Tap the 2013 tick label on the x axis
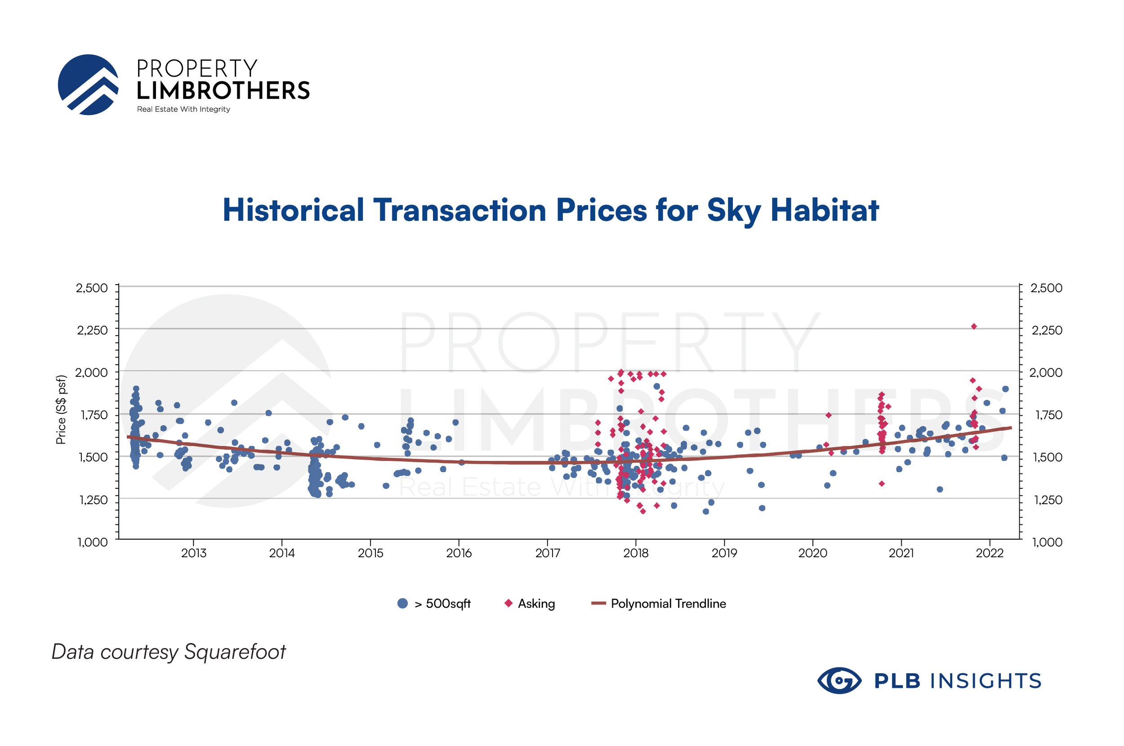194,553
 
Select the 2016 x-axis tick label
459,553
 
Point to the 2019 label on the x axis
724,553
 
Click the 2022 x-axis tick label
990,553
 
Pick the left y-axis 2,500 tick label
92,288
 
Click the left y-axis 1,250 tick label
93,500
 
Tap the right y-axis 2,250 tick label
1047,330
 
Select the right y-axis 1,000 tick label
1047,542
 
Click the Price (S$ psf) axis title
61,410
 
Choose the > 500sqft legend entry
434,604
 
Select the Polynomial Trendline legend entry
659,604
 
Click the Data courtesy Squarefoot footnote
169,652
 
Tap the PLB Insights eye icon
839,681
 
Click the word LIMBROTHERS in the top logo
223,90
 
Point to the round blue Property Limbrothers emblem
88,85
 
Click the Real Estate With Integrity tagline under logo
183,109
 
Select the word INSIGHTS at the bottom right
986,681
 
